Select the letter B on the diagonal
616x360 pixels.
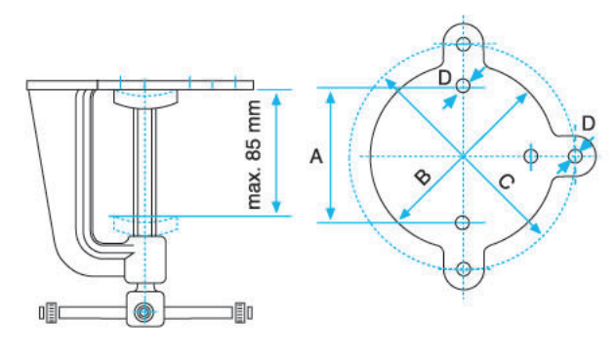(422, 177)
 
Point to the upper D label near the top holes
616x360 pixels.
(445, 77)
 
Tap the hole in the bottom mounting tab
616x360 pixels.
(464, 269)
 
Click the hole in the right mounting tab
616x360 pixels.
(576, 155)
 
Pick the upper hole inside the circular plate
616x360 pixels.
(464, 87)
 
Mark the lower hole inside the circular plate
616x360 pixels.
(464, 222)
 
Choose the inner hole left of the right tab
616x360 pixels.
(531, 155)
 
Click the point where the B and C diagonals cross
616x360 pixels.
(464, 155)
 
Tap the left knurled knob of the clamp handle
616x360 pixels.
(46, 312)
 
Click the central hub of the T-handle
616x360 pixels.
(144, 312)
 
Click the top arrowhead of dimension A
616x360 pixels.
(332, 94)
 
